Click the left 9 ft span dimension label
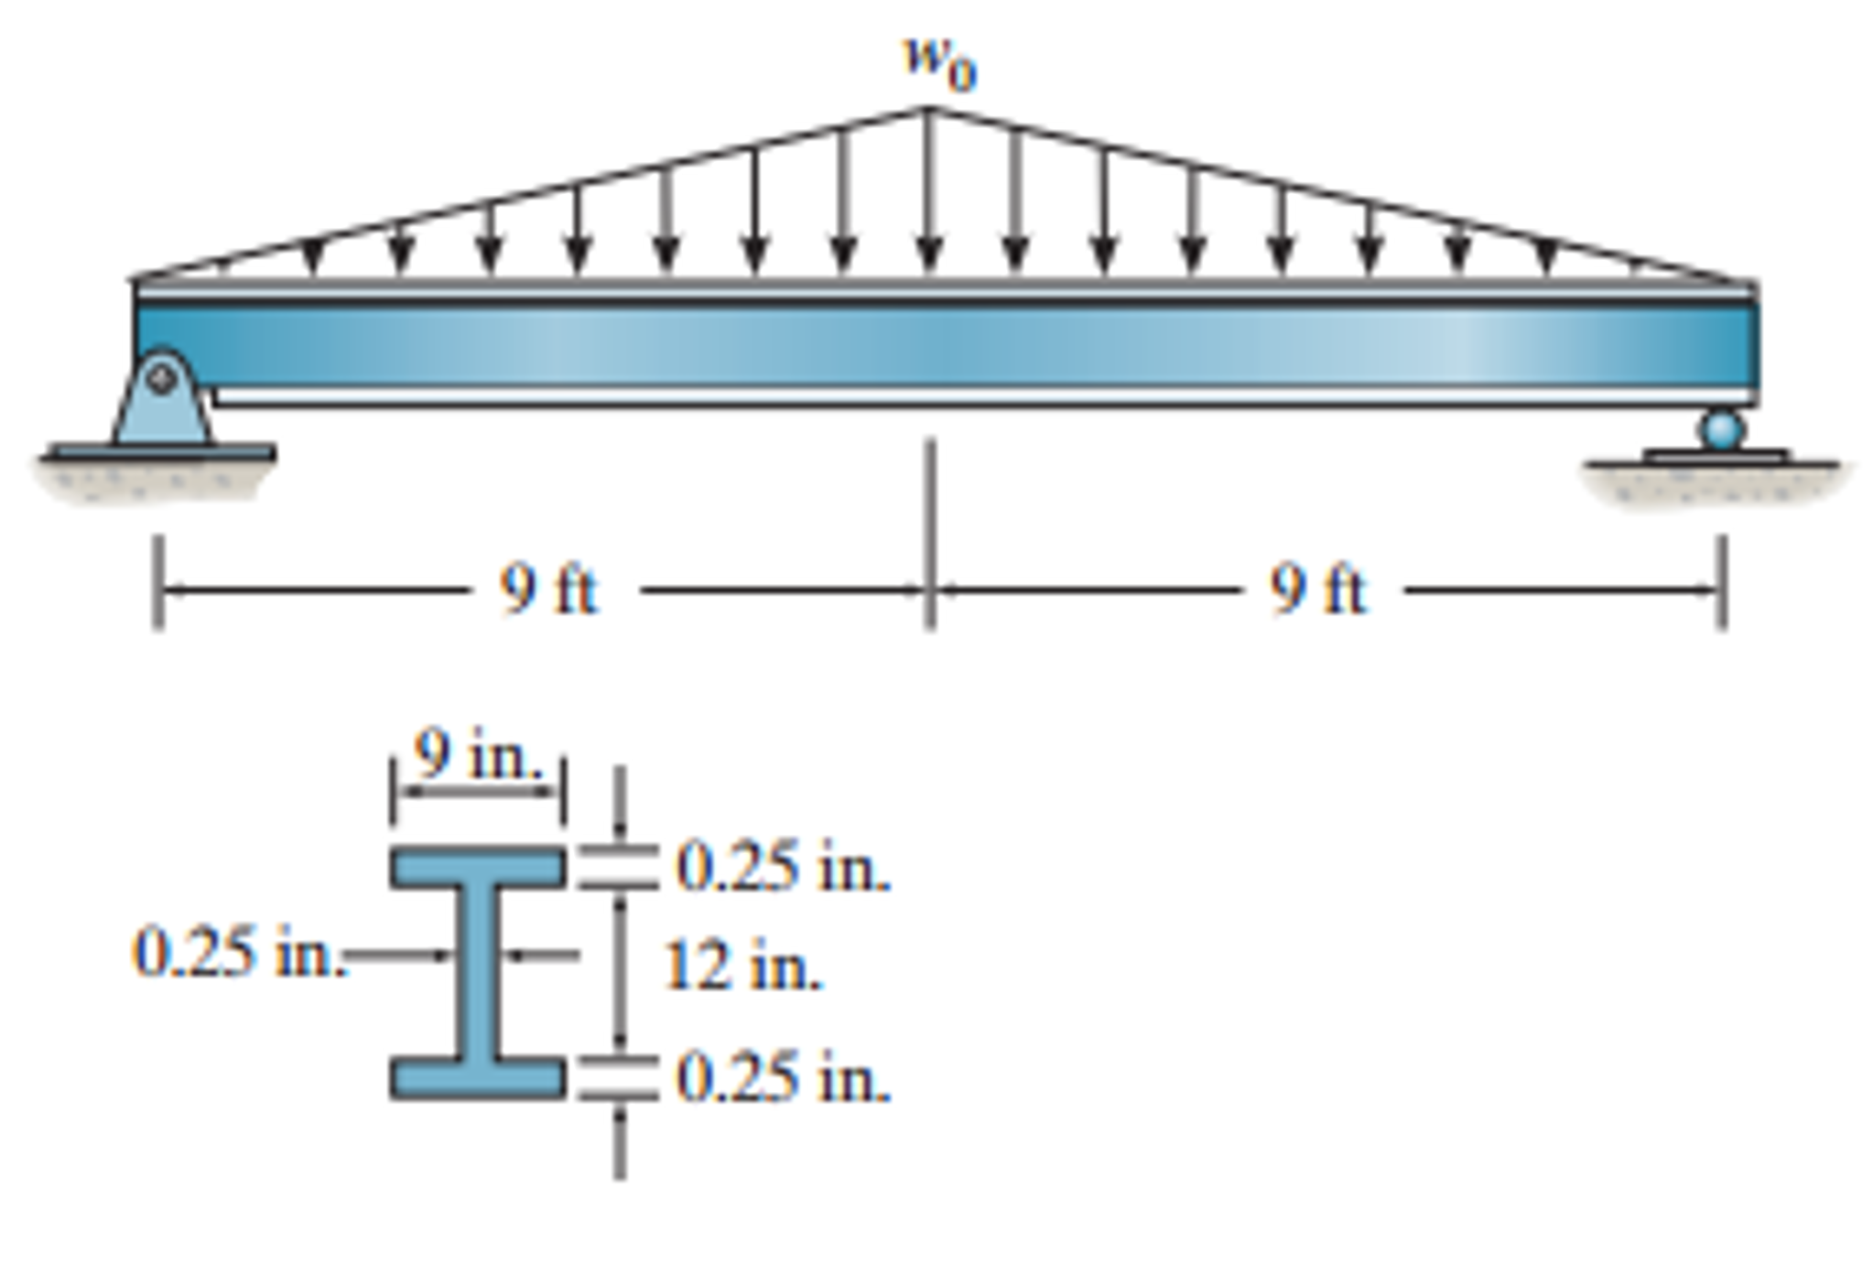(x=548, y=590)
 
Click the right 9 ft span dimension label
(x=1317, y=590)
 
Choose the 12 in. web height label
(x=742, y=967)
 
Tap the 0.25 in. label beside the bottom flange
(x=783, y=1078)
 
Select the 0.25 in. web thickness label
(x=239, y=953)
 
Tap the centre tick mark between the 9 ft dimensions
(x=929, y=535)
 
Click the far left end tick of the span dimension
(x=158, y=582)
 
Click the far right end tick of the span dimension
(x=1722, y=582)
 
